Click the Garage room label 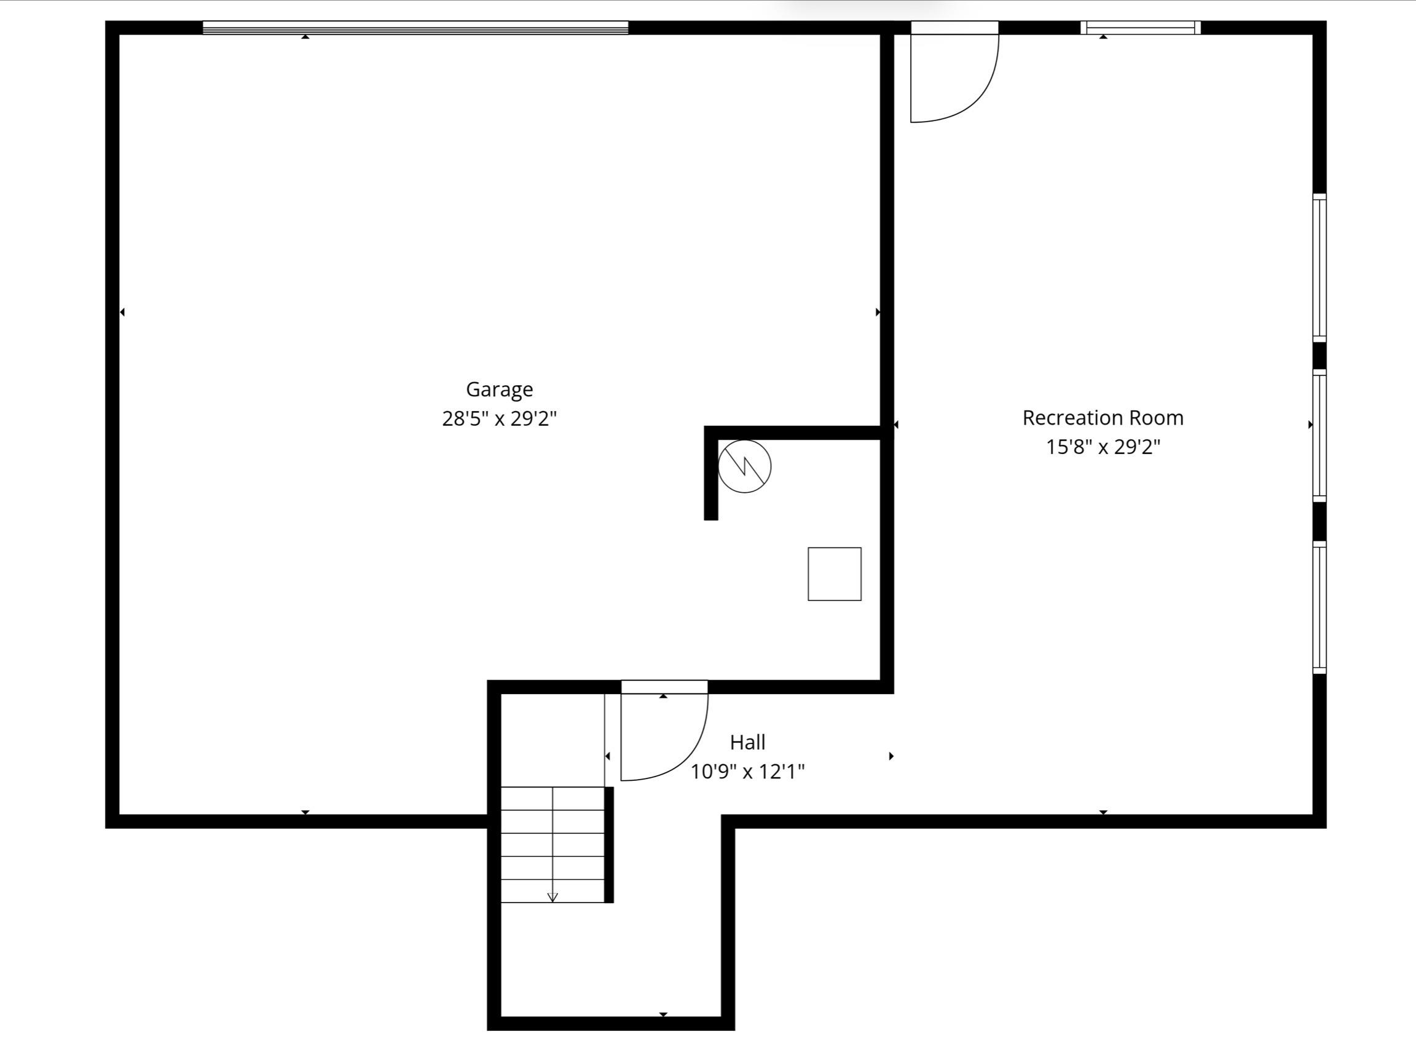[499, 389]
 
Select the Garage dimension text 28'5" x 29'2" [499, 418]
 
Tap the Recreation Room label [1103, 418]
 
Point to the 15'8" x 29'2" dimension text [1103, 447]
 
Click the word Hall [747, 742]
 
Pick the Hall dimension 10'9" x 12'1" [747, 772]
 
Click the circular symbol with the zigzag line [744, 466]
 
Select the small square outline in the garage [834, 574]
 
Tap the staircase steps [552, 845]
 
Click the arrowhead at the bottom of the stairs [553, 897]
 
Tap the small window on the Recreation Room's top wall [1140, 28]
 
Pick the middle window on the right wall [1320, 435]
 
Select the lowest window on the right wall [1320, 606]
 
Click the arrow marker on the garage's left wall [122, 312]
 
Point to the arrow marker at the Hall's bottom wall [663, 1014]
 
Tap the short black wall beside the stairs [609, 845]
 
